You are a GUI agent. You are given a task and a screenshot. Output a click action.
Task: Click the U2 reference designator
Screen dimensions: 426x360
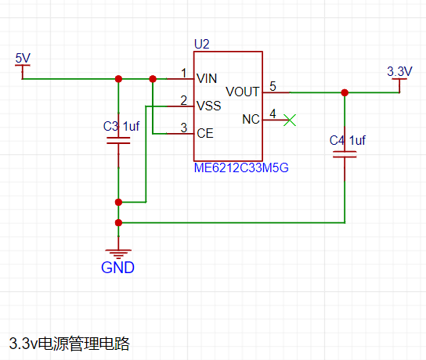coord(202,45)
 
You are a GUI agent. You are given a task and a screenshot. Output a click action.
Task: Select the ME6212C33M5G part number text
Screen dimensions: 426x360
coord(241,167)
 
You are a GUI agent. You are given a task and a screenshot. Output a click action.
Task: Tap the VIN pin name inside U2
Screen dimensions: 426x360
coord(207,79)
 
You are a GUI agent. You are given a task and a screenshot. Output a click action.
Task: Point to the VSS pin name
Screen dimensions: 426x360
coord(208,106)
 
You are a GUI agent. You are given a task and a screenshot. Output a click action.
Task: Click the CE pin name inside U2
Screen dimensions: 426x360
coord(205,133)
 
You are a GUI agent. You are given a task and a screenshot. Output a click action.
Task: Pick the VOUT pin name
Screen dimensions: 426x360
coord(242,92)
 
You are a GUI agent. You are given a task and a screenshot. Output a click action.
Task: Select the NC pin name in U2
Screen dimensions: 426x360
coord(251,119)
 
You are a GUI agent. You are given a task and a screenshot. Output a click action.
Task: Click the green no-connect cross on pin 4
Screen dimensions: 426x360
coord(290,120)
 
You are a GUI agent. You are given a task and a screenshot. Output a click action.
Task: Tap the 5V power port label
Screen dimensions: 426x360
coord(23,59)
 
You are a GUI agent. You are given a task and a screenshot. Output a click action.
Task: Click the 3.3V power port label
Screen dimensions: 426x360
coord(399,71)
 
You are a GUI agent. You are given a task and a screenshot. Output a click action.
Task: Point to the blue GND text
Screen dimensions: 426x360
coord(118,268)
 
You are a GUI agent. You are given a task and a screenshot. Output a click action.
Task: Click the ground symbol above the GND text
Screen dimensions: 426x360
coord(118,254)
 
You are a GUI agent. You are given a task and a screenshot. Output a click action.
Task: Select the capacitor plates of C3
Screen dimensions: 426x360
coord(118,141)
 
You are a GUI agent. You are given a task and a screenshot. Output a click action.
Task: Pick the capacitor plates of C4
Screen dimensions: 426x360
coord(345,154)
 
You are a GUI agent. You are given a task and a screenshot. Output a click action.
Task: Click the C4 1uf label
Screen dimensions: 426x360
coord(348,140)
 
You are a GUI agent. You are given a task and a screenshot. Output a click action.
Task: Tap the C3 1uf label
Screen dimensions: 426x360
coord(121,126)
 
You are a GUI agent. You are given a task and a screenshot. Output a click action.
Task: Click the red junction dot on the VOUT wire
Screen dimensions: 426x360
coord(345,92)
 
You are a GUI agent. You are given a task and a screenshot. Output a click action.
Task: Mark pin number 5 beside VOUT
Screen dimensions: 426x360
coord(273,86)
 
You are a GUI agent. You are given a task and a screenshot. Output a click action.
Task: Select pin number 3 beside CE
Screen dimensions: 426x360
coord(184,128)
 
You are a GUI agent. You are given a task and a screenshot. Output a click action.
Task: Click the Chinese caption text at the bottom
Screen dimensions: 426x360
coord(69,344)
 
